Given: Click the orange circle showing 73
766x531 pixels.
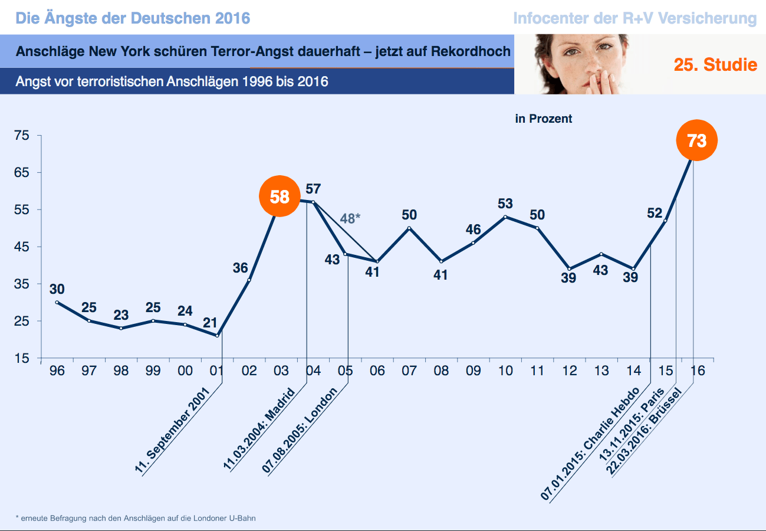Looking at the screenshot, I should (x=696, y=140).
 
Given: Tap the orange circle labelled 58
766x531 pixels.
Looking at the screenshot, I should (x=280, y=196).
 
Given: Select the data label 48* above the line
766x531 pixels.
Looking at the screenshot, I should (x=350, y=219).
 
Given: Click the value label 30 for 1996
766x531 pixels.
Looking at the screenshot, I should (x=57, y=289).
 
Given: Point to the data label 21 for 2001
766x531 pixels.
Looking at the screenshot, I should (x=210, y=323).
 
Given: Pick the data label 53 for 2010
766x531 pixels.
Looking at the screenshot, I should (x=505, y=204).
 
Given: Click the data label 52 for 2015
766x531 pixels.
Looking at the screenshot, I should (x=655, y=214).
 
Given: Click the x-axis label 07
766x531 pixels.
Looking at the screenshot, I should (x=409, y=371).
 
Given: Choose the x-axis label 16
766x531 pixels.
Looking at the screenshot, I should (x=697, y=371).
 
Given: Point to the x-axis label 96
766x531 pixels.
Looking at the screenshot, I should (x=57, y=371).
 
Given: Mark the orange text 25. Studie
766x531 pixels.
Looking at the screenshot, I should (x=715, y=65).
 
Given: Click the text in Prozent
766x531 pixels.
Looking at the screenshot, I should (x=543, y=119).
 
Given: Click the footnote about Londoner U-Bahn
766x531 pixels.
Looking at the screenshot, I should (x=136, y=518).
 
